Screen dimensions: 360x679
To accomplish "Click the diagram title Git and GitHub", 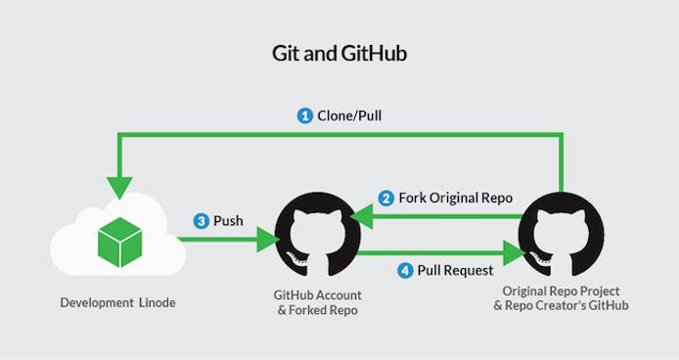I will point(339,53).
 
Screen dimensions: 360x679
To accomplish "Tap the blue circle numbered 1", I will point(305,115).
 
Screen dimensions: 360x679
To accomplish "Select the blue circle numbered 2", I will point(386,198).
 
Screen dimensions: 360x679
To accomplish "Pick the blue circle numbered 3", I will point(201,221).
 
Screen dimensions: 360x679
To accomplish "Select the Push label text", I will point(230,221).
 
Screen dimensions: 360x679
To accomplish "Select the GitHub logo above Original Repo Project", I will point(560,236).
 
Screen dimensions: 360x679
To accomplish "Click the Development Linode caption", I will point(113,303).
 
